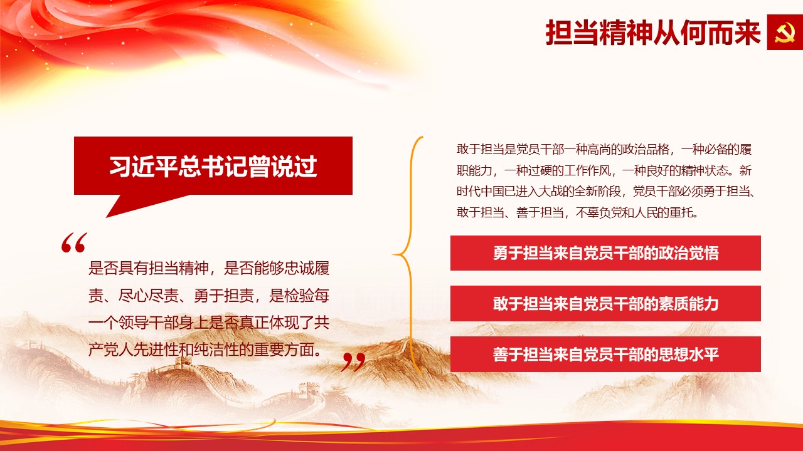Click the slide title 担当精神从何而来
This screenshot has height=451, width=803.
click(653, 33)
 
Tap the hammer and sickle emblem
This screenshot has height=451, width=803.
click(785, 32)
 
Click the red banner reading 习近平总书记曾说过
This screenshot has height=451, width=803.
click(213, 166)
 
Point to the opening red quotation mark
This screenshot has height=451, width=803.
click(74, 242)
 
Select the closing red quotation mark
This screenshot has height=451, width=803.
click(353, 361)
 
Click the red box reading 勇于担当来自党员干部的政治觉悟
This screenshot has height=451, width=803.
click(605, 253)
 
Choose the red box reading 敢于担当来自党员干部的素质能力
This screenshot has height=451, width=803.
click(605, 304)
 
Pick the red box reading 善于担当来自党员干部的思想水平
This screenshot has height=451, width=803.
click(605, 355)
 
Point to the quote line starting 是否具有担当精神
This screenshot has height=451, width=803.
click(209, 268)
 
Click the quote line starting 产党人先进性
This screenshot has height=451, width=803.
click(205, 350)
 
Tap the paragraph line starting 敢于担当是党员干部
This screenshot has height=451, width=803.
click(604, 149)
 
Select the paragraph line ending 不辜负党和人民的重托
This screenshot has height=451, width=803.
click(578, 212)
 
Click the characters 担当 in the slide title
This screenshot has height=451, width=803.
click(572, 33)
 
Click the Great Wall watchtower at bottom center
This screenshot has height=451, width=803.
click(309, 389)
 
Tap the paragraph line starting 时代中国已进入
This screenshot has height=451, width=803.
click(607, 192)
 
